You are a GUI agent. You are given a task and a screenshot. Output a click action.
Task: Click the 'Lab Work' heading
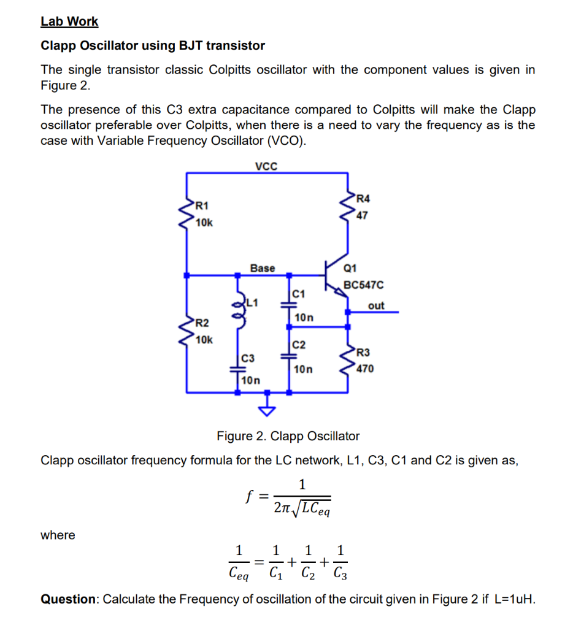point(69,21)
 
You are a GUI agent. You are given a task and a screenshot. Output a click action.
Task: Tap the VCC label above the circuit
point(266,166)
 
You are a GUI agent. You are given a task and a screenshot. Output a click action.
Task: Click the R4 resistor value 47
point(363,215)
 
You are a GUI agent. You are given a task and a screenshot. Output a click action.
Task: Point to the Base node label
point(263,268)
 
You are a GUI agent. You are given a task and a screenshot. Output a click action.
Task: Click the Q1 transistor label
point(350,267)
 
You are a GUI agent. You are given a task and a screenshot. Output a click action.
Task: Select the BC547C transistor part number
point(364,285)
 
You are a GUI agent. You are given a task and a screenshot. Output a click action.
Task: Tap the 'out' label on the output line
point(376,305)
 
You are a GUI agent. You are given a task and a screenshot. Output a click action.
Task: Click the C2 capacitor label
point(298,345)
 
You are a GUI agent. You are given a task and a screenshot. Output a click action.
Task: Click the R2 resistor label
point(202,323)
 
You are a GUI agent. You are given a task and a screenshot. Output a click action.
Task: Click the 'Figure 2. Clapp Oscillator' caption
point(288,436)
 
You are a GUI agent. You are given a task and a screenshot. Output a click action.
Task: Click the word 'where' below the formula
point(58,535)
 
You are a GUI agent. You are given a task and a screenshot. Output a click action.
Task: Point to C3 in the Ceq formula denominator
point(341,574)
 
